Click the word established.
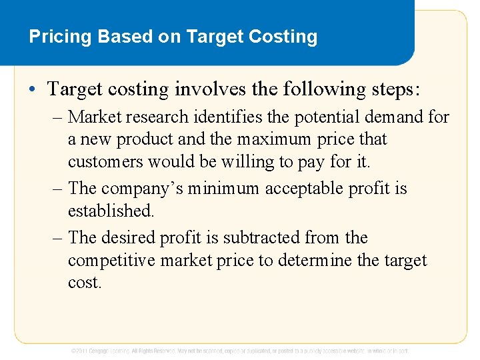[x=111, y=211]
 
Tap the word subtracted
[x=261, y=237]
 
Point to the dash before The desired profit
[x=59, y=237]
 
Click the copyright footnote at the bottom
[x=240, y=351]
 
